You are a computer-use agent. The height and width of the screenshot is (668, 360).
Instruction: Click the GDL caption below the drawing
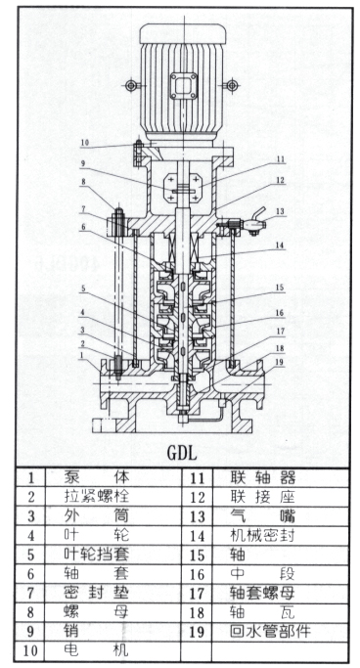point(182,453)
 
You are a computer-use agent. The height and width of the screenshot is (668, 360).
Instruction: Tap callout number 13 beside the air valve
point(280,211)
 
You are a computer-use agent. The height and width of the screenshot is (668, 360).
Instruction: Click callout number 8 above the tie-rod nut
point(84,182)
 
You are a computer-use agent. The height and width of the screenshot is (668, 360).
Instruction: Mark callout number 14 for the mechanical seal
point(280,245)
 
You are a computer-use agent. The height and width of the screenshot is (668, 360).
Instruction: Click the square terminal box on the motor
point(184,86)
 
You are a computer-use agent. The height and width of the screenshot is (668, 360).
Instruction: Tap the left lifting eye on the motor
point(131,86)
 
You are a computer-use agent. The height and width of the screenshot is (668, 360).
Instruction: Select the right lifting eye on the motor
point(231,86)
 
